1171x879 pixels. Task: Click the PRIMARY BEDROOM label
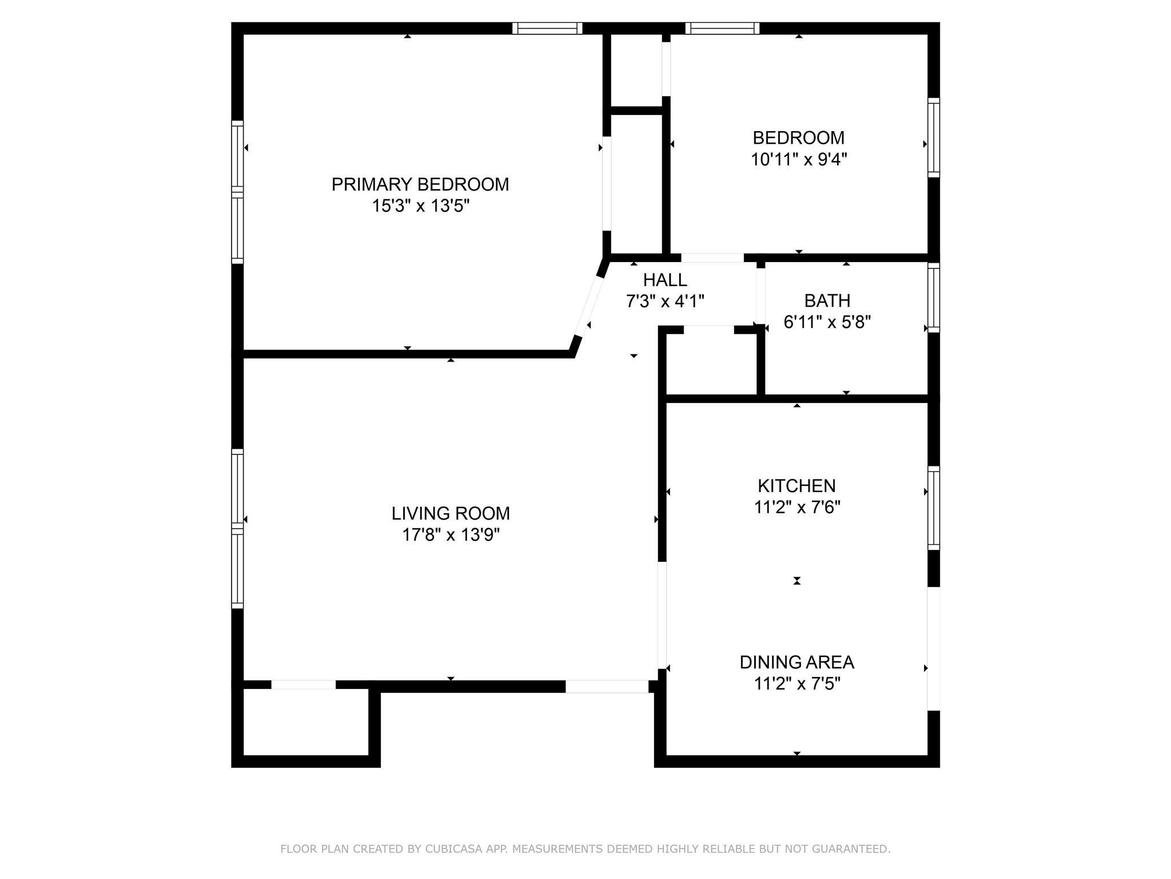point(420,184)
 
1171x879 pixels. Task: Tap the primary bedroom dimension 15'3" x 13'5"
point(421,205)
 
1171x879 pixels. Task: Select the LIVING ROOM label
point(451,513)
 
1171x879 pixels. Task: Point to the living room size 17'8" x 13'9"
point(451,534)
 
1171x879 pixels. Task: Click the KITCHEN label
point(796,486)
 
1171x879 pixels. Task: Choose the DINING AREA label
point(796,662)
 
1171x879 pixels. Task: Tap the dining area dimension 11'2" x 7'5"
point(797,683)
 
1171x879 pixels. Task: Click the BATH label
point(827,300)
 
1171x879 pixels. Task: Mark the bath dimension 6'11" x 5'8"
point(827,322)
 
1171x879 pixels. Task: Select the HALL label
point(665,280)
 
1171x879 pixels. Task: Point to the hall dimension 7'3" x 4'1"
point(665,301)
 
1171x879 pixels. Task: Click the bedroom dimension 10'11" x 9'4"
point(798,159)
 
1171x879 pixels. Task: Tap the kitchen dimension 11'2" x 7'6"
point(797,507)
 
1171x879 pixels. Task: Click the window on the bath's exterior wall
point(933,298)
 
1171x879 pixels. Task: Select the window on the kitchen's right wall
point(933,508)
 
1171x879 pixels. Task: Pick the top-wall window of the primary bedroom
point(547,28)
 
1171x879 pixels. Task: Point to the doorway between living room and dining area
point(662,615)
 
